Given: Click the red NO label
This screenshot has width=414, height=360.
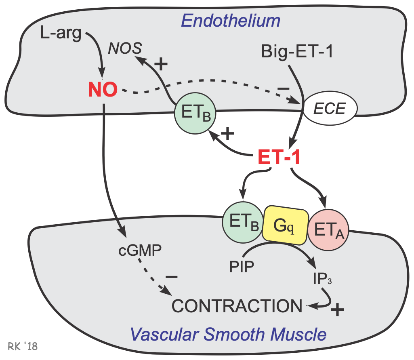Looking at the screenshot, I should pos(103,90).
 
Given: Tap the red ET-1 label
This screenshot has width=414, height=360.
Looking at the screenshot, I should pos(279,158).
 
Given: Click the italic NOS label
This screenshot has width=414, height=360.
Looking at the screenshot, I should pos(125,49).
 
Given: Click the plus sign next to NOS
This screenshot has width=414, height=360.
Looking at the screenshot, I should pos(161,64).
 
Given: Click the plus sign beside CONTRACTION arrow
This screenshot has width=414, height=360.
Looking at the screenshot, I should pos(338,310).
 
